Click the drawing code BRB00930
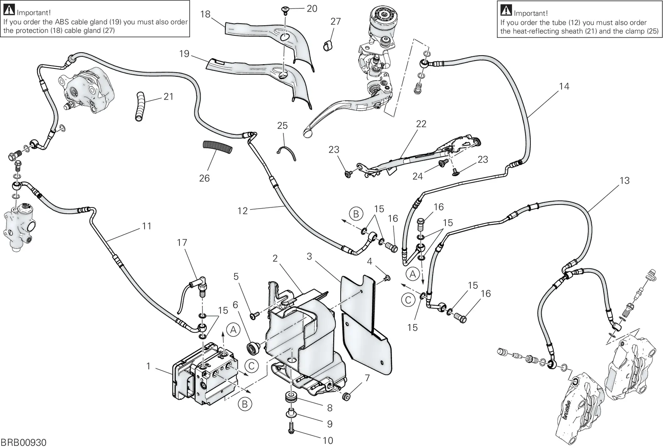click(23, 443)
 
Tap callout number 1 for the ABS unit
click(149, 367)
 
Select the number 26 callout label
click(204, 178)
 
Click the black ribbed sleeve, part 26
click(217, 147)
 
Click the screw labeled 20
click(285, 10)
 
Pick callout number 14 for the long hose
click(564, 86)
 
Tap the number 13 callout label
click(624, 180)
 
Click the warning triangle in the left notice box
click(9, 10)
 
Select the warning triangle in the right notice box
click(506, 10)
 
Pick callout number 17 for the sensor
click(182, 243)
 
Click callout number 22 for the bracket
click(421, 124)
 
